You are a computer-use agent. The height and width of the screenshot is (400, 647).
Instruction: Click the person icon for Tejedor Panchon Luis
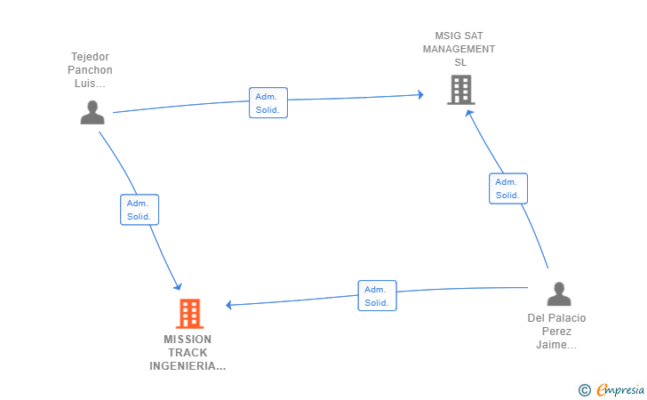point(92,112)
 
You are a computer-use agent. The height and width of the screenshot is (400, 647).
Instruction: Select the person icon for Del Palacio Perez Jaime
point(559,294)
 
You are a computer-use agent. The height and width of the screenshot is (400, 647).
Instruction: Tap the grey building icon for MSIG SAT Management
point(461,90)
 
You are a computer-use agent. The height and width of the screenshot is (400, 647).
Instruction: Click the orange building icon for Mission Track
point(190,313)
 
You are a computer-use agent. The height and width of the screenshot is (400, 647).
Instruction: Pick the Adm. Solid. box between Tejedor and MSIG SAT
point(268,103)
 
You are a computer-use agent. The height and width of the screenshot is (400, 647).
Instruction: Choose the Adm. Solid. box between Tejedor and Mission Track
point(140,210)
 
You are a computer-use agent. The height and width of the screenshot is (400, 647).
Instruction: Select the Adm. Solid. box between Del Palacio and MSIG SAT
point(508,188)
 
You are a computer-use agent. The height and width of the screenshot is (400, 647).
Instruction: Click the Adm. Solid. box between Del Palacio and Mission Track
point(377,296)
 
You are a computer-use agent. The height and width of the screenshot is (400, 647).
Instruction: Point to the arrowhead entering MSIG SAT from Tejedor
point(421,95)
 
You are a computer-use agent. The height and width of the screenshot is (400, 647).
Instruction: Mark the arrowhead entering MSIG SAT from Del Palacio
point(469,113)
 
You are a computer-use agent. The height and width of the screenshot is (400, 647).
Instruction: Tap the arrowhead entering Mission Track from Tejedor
point(178,286)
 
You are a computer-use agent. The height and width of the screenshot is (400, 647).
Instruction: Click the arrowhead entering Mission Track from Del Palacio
point(228,305)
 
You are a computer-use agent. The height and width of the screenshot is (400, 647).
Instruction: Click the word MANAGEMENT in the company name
point(459,49)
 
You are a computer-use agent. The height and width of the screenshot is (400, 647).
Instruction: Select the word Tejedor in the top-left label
point(90,57)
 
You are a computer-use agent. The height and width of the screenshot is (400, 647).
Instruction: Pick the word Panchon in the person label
point(90,69)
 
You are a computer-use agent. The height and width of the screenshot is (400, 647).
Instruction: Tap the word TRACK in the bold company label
point(188,353)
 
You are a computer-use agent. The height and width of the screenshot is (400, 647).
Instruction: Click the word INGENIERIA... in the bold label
point(188,366)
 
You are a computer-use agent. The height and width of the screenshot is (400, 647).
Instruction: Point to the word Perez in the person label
point(556,332)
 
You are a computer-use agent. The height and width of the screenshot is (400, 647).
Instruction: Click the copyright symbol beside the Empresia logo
point(585,390)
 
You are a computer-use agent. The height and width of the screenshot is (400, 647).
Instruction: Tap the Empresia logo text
point(620,389)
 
